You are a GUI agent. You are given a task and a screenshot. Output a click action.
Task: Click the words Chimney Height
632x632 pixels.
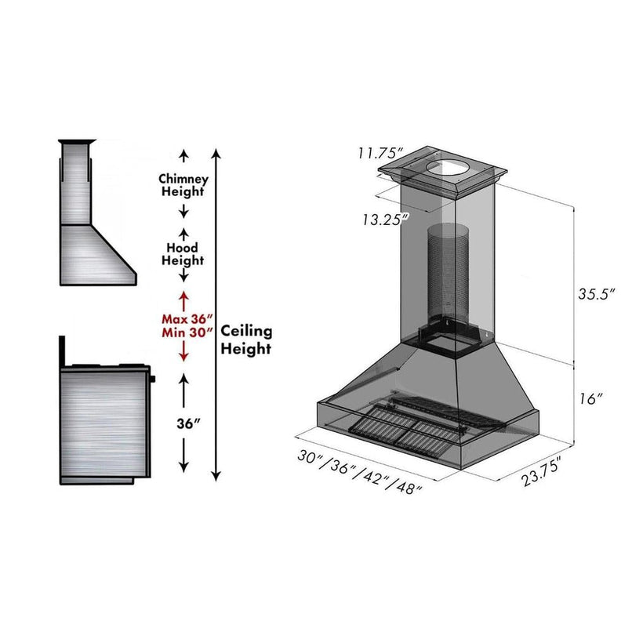click(x=183, y=184)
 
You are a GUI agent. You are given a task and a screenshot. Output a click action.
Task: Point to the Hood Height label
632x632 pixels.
click(x=183, y=253)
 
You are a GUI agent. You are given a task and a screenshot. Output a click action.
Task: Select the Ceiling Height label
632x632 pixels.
click(x=246, y=340)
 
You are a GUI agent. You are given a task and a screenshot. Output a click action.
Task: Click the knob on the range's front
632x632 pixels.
click(x=152, y=380)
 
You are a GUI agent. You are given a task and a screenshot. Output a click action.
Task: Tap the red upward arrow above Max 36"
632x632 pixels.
click(x=183, y=299)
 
